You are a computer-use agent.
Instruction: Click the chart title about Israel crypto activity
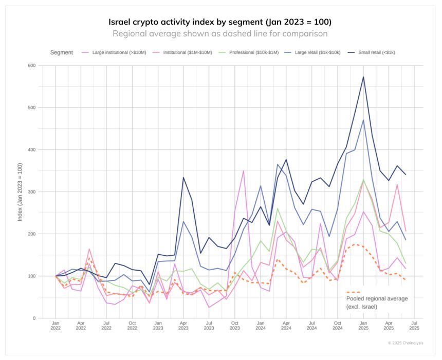[x=220, y=22]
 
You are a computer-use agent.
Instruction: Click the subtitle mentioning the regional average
[x=220, y=34]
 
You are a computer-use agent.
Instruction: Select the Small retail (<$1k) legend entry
[x=372, y=52]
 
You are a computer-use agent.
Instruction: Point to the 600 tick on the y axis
[x=32, y=66]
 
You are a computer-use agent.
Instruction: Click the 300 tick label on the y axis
[x=32, y=192]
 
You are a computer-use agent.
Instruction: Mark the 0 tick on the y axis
[x=34, y=318]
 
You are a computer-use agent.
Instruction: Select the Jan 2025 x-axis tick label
[x=363, y=327]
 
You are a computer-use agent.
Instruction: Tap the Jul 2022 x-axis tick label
[x=106, y=327]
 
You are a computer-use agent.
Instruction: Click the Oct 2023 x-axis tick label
[x=235, y=327]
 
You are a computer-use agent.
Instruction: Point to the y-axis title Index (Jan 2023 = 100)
[x=20, y=192]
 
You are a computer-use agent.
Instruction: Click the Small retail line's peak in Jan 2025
[x=363, y=77]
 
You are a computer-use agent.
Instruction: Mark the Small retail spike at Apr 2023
[x=183, y=177]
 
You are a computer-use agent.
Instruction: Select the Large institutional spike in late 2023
[x=243, y=170]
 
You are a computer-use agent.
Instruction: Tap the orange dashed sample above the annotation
[x=353, y=292]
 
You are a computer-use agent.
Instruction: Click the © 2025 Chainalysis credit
[x=406, y=343]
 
